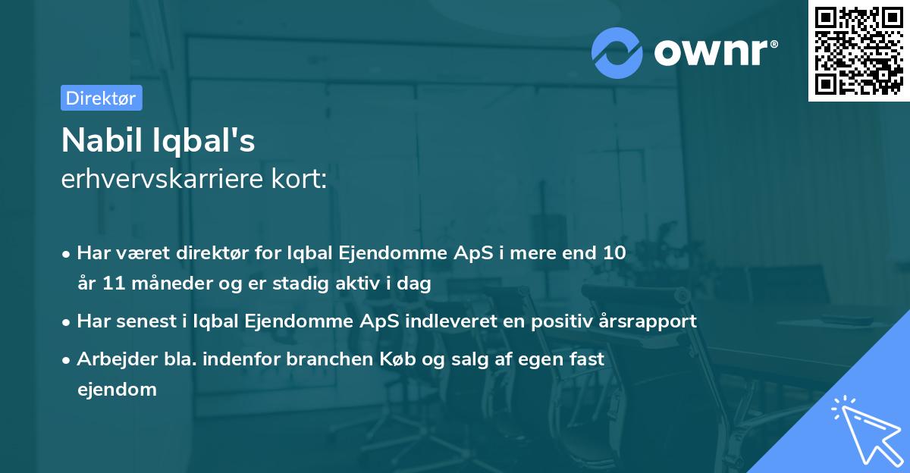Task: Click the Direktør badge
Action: pyautogui.click(x=101, y=98)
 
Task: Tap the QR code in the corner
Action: pyautogui.click(x=858, y=50)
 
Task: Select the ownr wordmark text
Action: pyautogui.click(x=714, y=52)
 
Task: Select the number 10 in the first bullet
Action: pyautogui.click(x=615, y=253)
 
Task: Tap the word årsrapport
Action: pyautogui.click(x=650, y=321)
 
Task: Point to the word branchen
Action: pyautogui.click(x=327, y=359)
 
